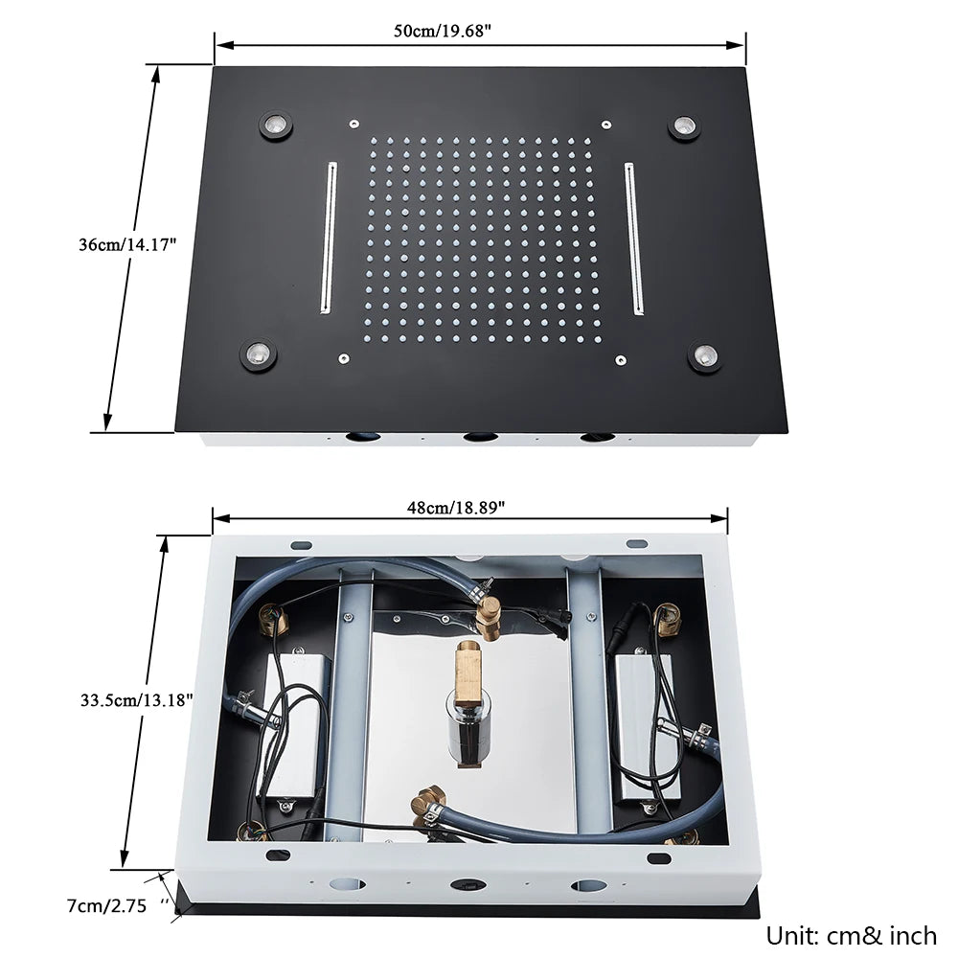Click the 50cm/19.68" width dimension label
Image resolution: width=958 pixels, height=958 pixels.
click(442, 30)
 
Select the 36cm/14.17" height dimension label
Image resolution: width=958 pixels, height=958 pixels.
click(128, 244)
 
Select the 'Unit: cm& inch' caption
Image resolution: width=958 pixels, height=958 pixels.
click(851, 934)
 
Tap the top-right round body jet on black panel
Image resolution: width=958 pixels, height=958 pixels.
click(684, 126)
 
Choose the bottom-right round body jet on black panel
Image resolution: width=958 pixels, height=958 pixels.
click(704, 355)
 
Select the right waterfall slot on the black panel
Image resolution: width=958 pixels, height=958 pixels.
click(634, 237)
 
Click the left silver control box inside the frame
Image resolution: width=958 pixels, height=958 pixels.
click(296, 728)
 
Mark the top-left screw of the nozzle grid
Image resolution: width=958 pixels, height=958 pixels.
click(354, 123)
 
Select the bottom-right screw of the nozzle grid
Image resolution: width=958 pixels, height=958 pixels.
click(621, 360)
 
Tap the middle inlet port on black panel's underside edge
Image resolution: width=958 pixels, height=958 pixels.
click(478, 438)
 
